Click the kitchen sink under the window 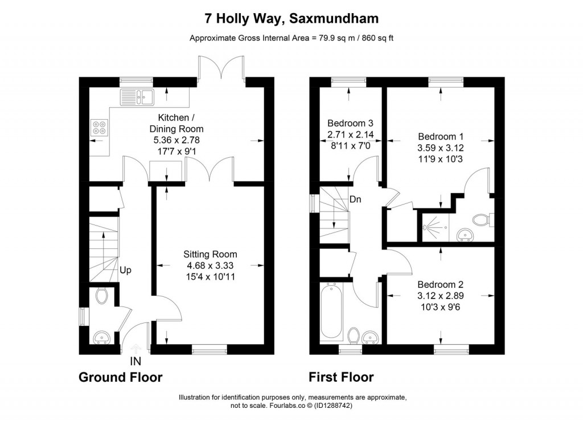point(137,97)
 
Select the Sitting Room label point(210,254)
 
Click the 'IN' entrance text point(136,361)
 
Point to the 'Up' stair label point(126,270)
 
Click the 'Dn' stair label point(355,199)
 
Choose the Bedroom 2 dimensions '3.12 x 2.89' point(440,296)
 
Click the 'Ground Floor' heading point(120,377)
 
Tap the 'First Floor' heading point(341,377)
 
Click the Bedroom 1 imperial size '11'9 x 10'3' point(441,159)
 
